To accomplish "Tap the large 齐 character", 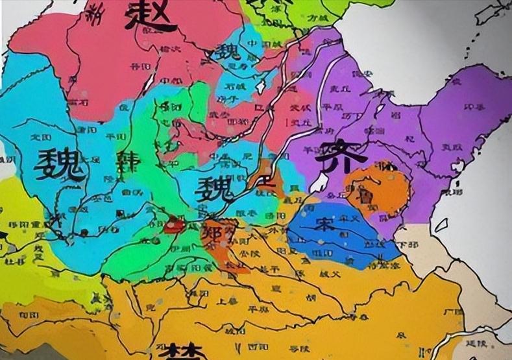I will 335,154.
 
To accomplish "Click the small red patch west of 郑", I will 174,225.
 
